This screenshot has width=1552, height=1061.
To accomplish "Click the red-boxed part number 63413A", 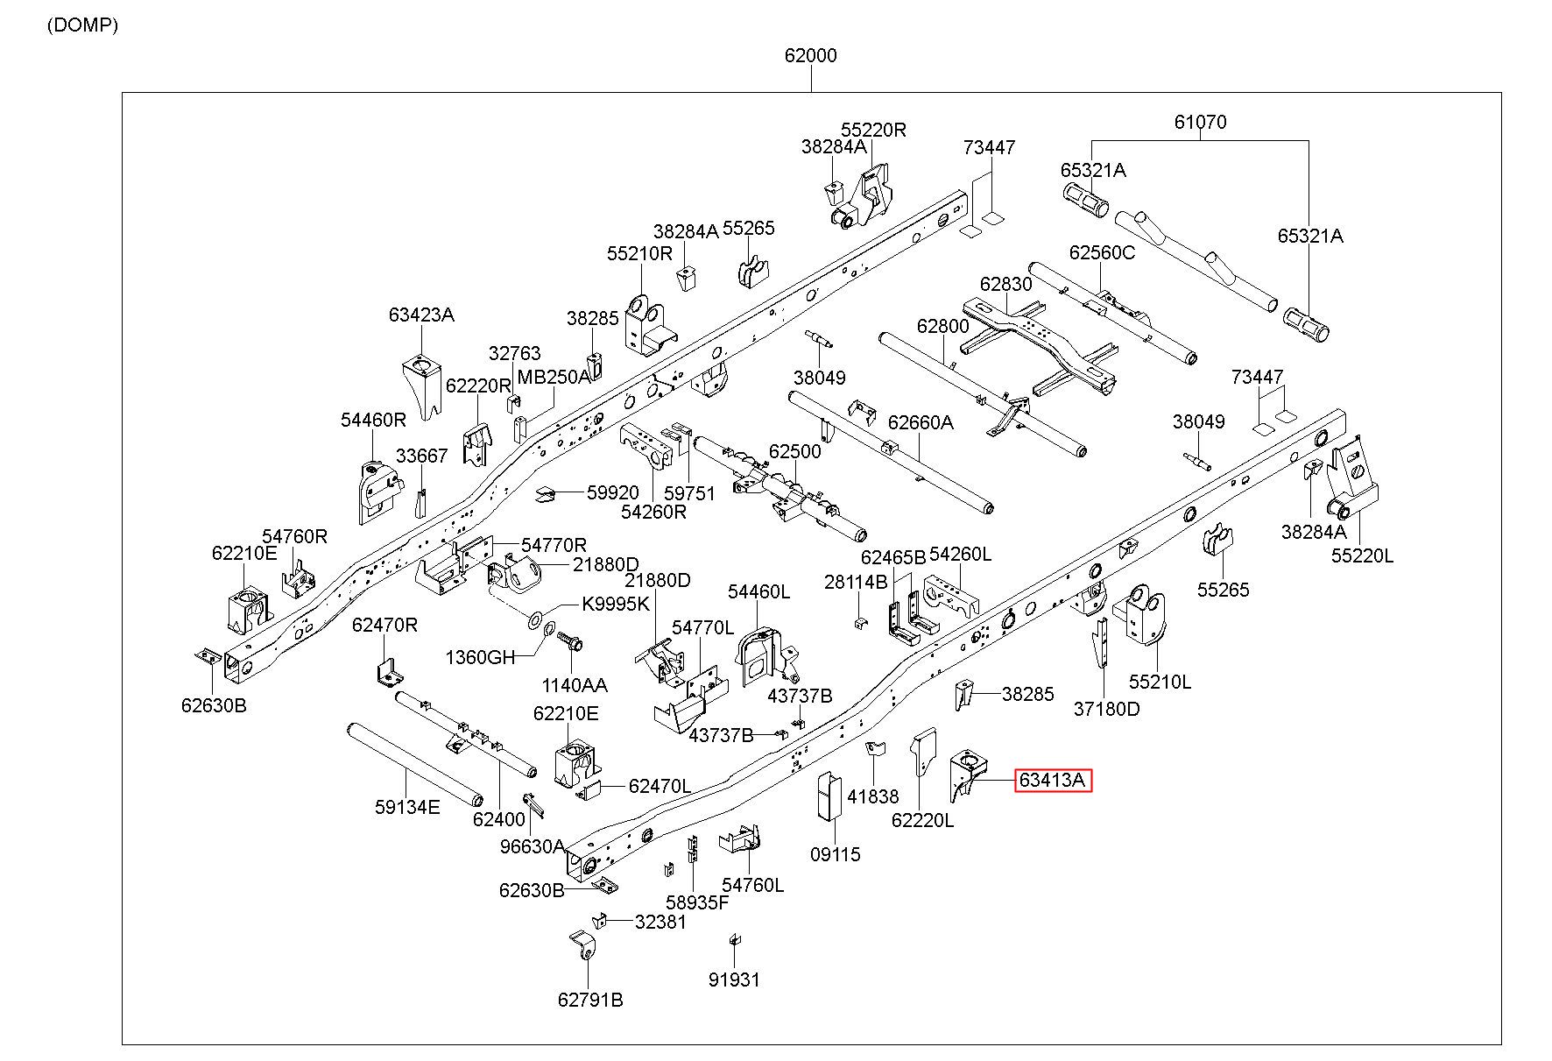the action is click(x=1053, y=779).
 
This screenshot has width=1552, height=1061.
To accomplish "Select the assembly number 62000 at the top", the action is click(x=810, y=55).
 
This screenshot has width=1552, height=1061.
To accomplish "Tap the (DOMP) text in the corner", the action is click(x=82, y=25).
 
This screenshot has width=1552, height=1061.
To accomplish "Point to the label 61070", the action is click(x=1200, y=122).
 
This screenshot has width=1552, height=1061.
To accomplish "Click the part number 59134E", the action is click(x=407, y=807).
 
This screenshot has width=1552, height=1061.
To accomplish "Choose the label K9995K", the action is click(x=616, y=605).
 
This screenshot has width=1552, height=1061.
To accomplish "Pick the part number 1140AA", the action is click(x=575, y=685).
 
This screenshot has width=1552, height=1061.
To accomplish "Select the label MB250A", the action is click(x=554, y=377).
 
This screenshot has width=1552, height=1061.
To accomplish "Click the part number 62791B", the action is click(x=590, y=1000).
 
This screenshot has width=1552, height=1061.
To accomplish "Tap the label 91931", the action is click(x=734, y=980).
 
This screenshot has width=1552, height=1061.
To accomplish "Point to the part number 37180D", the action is click(x=1107, y=709).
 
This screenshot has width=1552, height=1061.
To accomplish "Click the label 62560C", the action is click(x=1102, y=252).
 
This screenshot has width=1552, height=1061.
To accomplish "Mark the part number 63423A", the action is click(x=421, y=315).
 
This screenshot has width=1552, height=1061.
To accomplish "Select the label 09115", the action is click(x=835, y=853).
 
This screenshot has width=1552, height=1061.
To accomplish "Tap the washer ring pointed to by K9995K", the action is click(x=534, y=622).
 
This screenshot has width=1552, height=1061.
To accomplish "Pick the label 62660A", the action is click(x=921, y=421).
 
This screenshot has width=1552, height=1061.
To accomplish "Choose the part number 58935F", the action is click(x=696, y=902).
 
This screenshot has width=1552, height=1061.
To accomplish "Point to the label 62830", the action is click(x=1005, y=284).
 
